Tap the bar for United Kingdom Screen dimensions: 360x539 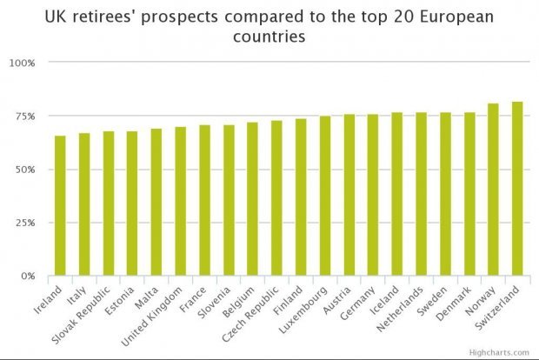click(180, 202)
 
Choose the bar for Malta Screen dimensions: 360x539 click(156, 203)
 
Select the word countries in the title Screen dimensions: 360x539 click(269, 38)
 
